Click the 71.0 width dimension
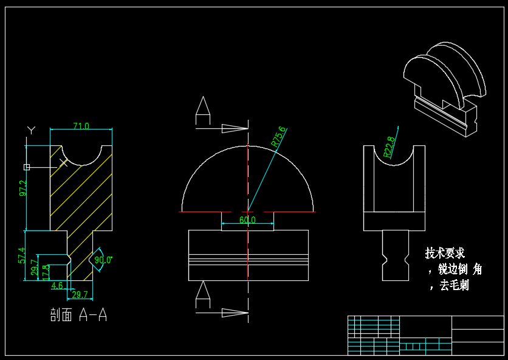(x=81, y=126)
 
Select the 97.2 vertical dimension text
(x=23, y=188)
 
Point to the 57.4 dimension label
(x=21, y=255)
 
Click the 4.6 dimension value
(x=57, y=285)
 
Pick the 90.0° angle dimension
(x=103, y=260)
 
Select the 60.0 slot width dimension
(x=247, y=220)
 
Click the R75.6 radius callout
(x=279, y=137)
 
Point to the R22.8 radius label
(x=390, y=147)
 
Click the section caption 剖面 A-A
(x=78, y=315)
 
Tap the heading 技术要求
(x=445, y=253)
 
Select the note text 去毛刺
(x=454, y=285)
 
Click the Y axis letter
(x=32, y=130)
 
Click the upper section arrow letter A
(x=203, y=107)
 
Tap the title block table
(x=425, y=334)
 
